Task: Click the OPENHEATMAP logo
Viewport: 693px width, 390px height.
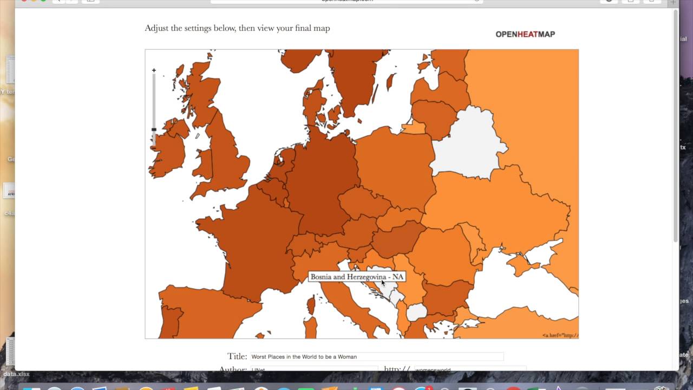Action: coord(525,34)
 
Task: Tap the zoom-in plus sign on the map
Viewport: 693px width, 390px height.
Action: coord(154,70)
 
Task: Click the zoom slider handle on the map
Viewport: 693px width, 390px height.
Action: coord(154,129)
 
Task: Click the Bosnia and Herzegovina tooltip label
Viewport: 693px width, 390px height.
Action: coord(357,277)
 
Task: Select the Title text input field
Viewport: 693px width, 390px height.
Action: coord(377,357)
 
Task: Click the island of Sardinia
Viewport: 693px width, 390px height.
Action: coord(310,328)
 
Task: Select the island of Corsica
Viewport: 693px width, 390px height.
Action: coord(311,305)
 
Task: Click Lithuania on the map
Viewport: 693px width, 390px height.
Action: coord(433,116)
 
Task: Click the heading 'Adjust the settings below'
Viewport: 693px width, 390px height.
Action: coord(237,28)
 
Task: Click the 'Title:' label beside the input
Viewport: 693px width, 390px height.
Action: coord(237,356)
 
